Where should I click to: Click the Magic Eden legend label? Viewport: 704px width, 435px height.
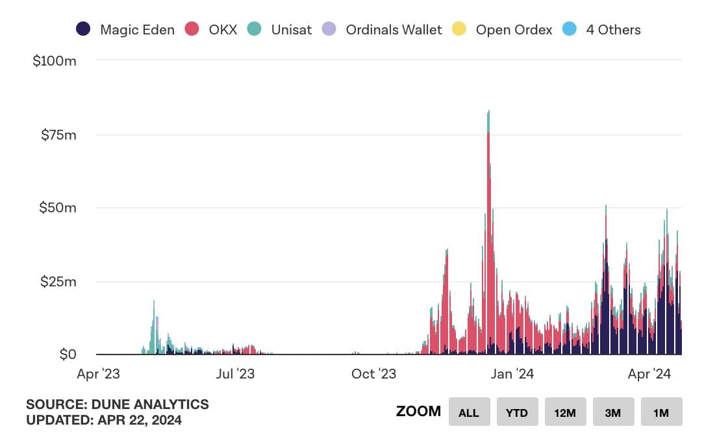click(137, 30)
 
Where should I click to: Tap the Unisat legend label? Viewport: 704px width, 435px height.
click(291, 30)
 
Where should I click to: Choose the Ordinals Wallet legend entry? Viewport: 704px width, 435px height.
click(394, 30)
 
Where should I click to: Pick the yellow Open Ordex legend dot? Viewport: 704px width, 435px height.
click(459, 29)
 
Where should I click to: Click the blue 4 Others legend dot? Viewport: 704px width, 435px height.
click(570, 29)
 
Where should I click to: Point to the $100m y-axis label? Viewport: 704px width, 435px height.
click(55, 61)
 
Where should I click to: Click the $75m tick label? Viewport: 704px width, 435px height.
click(58, 135)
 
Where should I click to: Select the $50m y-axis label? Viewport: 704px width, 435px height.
click(58, 208)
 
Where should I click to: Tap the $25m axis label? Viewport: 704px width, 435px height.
click(58, 282)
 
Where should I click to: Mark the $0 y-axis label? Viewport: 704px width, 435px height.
click(68, 355)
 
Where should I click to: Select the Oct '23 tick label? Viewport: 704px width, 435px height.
click(373, 374)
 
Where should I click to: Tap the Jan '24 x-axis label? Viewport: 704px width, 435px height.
click(513, 374)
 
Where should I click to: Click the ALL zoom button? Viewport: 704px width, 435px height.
click(469, 412)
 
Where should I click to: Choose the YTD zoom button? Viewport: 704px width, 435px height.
click(517, 412)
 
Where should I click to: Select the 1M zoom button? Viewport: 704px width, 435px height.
click(661, 412)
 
